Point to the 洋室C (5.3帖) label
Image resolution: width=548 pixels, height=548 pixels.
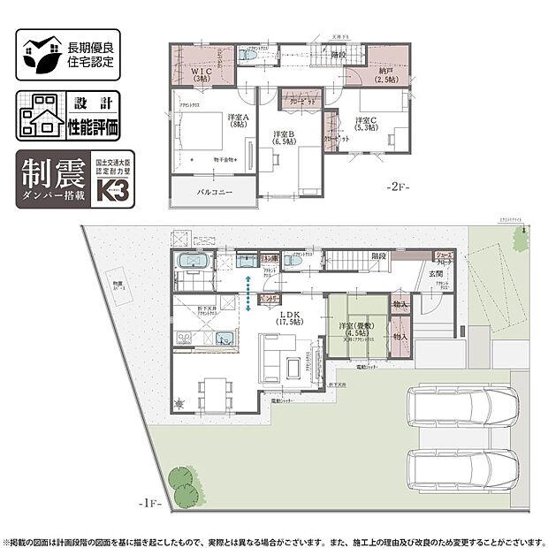[366, 125]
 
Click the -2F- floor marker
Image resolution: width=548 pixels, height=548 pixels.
[396, 188]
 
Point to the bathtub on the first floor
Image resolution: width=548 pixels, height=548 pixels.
[192, 263]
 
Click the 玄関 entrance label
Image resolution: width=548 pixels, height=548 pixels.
[437, 274]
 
